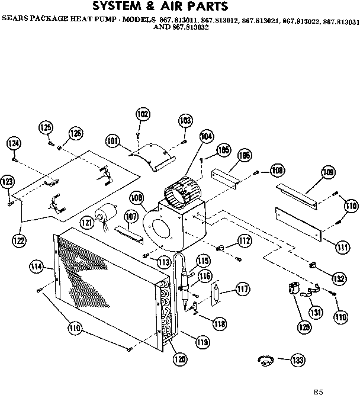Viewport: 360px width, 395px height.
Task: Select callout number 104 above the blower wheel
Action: click(x=205, y=136)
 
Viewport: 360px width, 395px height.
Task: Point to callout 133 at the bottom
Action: click(x=298, y=359)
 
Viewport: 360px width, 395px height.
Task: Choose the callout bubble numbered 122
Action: click(x=22, y=240)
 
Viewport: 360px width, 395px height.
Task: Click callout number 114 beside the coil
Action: click(x=37, y=267)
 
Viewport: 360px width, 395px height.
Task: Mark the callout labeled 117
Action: click(x=241, y=289)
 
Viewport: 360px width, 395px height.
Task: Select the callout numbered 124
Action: click(x=14, y=143)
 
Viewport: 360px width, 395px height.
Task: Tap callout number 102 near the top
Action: click(x=143, y=114)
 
